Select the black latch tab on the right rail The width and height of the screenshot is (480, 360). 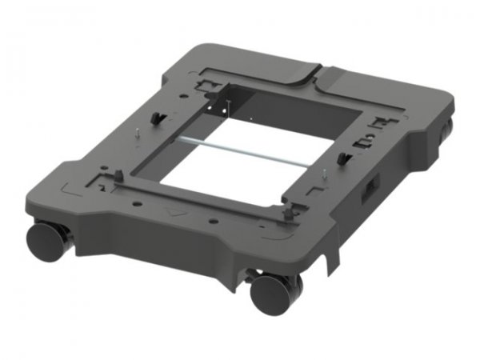(346, 156)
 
